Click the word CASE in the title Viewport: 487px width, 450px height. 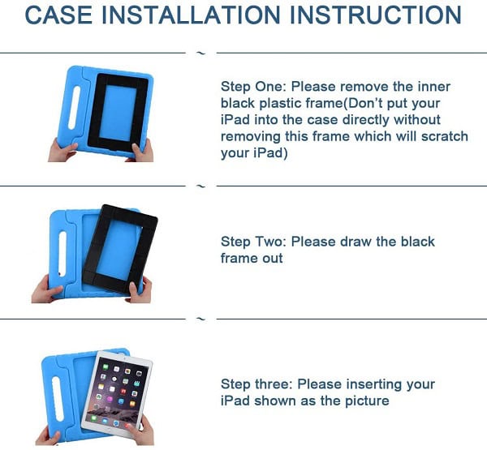[x=58, y=15]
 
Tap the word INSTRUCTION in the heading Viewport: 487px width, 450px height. [x=376, y=15]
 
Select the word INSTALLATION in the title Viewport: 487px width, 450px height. [x=191, y=15]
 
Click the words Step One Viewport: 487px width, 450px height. [x=252, y=87]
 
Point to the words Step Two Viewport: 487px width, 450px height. [x=253, y=242]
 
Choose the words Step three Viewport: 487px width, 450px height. [x=256, y=384]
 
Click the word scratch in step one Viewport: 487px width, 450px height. [x=445, y=136]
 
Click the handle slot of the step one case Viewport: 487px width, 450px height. [x=74, y=108]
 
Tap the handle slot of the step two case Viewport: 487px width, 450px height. [x=62, y=254]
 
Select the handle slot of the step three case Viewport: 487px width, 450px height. [x=58, y=399]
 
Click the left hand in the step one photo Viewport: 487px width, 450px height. [x=62, y=151]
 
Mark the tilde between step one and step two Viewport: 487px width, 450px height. [x=201, y=186]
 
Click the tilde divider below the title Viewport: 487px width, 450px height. [x=201, y=53]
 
